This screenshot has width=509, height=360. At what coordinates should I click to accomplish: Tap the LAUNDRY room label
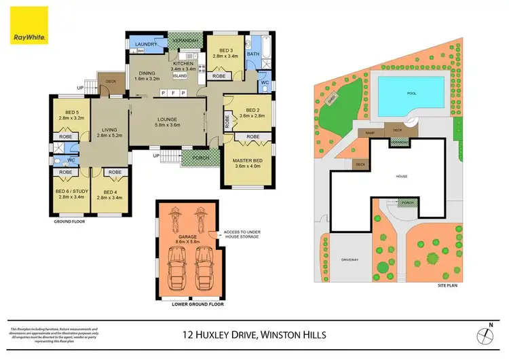coord(146,45)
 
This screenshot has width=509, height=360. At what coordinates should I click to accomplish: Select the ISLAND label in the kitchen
coord(180,75)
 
